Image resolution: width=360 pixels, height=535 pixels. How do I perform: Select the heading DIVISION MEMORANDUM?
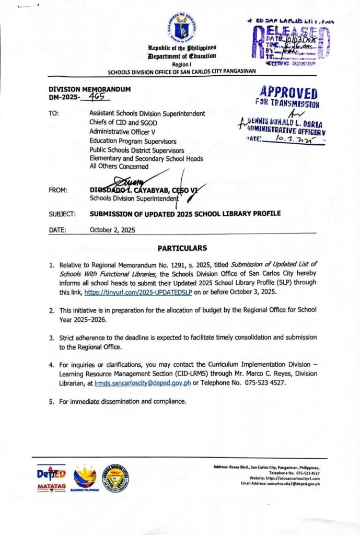(x=89, y=89)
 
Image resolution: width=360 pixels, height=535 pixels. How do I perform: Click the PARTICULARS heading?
(x=182, y=248)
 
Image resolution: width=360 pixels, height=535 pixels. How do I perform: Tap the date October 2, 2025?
(x=112, y=229)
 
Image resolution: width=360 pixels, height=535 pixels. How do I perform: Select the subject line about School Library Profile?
(x=185, y=213)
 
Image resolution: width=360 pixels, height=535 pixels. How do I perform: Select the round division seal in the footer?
(x=115, y=477)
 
